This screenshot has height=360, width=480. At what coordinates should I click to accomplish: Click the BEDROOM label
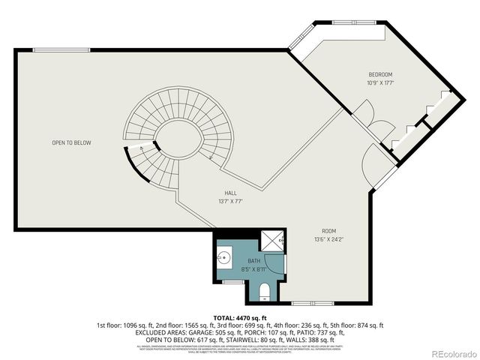pyautogui.click(x=380, y=74)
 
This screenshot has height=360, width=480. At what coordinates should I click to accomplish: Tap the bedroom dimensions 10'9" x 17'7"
pyautogui.click(x=380, y=82)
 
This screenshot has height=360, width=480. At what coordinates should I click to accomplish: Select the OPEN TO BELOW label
pyautogui.click(x=71, y=142)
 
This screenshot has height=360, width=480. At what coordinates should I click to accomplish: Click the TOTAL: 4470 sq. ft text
pyautogui.click(x=240, y=317)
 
